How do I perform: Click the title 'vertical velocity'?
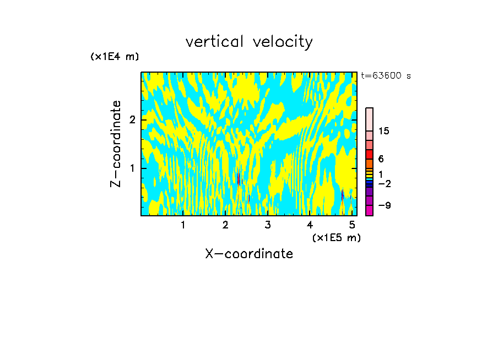click(249, 42)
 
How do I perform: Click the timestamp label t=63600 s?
click(386, 76)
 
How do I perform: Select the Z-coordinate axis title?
click(116, 144)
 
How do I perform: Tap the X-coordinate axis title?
click(249, 254)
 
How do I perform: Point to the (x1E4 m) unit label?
click(115, 57)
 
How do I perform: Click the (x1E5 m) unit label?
click(336, 237)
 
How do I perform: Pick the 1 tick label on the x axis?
click(183, 225)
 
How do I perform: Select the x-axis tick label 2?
click(225, 225)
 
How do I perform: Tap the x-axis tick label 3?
click(268, 225)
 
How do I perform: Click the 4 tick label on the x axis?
click(310, 225)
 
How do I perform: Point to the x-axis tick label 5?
click(351, 225)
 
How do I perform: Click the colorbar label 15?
click(384, 131)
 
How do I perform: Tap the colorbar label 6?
click(381, 159)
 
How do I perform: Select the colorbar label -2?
click(384, 183)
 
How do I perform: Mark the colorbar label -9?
click(384, 205)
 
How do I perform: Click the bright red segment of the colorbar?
click(369, 154)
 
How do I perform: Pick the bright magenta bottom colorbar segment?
click(369, 210)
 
